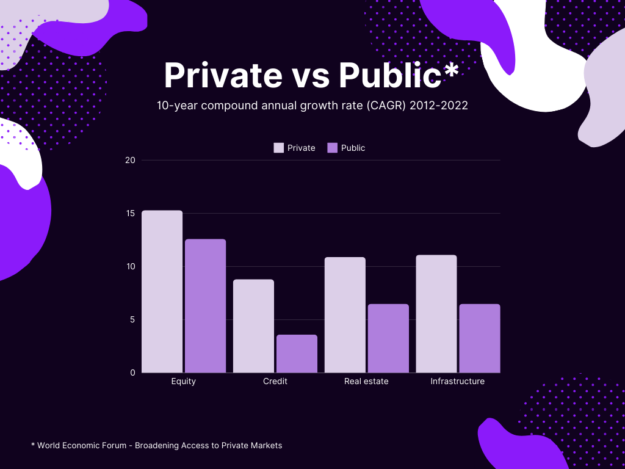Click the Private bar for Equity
click(162, 291)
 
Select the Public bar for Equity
click(205, 305)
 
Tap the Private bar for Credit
click(253, 325)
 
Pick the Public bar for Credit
click(297, 354)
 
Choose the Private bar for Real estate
click(345, 314)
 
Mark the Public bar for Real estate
click(388, 338)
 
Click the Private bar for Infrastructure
click(436, 313)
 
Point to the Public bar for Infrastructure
click(479, 338)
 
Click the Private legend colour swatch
click(279, 148)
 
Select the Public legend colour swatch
click(333, 148)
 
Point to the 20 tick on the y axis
click(130, 160)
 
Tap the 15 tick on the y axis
click(130, 213)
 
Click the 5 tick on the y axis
click(132, 319)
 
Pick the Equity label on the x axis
click(183, 381)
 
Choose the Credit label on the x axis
click(275, 381)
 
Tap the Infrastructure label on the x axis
click(457, 381)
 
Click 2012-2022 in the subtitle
click(439, 105)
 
